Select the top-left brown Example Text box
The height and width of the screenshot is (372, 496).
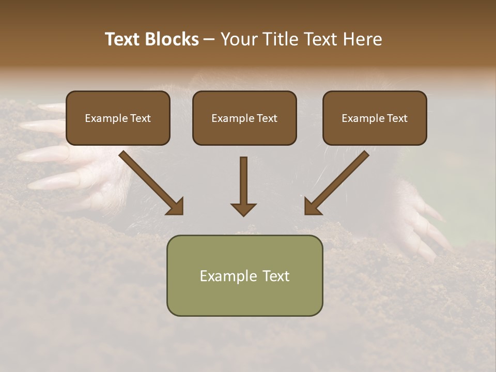[118, 118]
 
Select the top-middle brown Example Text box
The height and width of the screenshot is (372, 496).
[244, 118]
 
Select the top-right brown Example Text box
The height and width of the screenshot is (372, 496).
[375, 118]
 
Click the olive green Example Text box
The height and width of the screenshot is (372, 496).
[244, 275]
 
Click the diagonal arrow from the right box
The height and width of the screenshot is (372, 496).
[337, 182]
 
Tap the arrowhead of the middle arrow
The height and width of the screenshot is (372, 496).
[243, 209]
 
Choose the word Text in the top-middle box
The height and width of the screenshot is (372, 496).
[267, 118]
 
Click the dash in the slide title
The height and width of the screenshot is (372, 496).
[209, 40]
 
